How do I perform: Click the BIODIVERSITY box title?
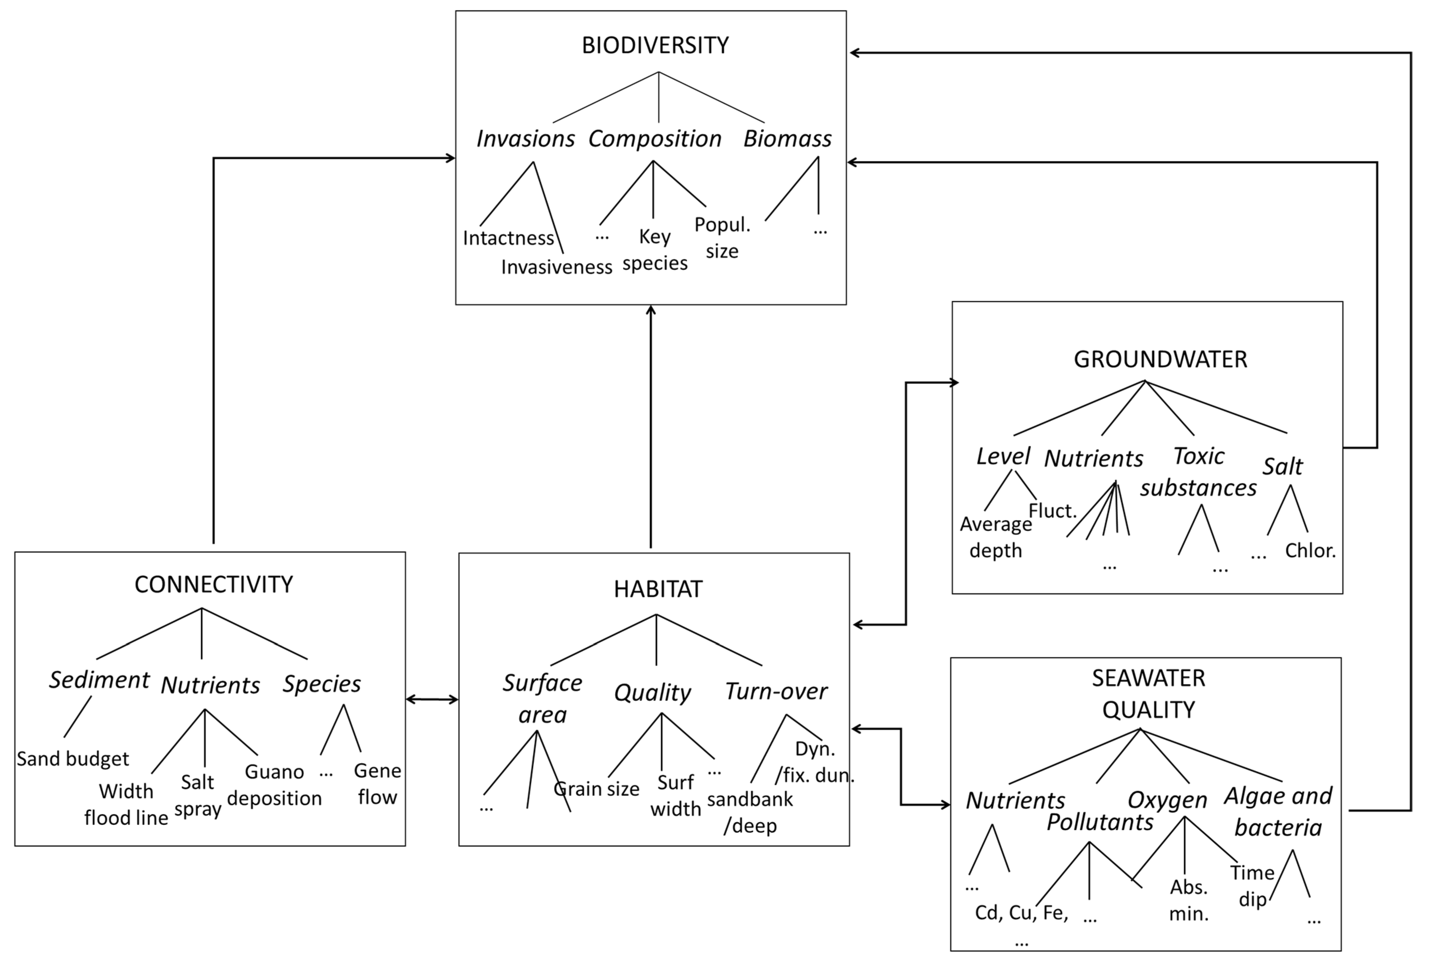click(x=655, y=45)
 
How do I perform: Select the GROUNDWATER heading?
click(x=1160, y=359)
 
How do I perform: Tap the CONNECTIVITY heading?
click(x=213, y=584)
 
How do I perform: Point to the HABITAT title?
click(x=657, y=589)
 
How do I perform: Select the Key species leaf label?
click(x=655, y=250)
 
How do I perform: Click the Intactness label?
click(x=508, y=238)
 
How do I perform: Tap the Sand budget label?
click(x=73, y=759)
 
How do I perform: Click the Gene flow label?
click(x=377, y=784)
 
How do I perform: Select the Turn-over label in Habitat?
click(x=776, y=691)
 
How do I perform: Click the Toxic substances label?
click(x=1198, y=472)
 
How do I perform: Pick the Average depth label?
click(x=996, y=537)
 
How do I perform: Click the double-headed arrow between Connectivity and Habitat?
click(x=432, y=699)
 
